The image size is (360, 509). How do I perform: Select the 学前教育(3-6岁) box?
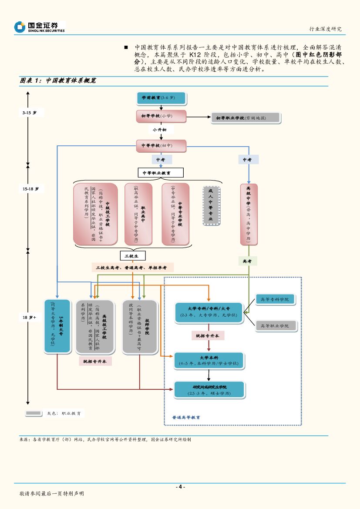[x=161, y=98]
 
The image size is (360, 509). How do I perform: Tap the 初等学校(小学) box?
[x=161, y=116]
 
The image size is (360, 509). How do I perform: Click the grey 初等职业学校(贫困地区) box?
[x=245, y=117]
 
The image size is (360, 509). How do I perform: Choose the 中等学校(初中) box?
[x=161, y=146]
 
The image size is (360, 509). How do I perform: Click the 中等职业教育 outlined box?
[x=160, y=173]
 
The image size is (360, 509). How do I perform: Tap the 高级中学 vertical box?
[x=249, y=214]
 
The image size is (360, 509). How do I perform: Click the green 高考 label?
[x=247, y=261]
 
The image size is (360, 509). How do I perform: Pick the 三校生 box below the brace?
[x=132, y=256]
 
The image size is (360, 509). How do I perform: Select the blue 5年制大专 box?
[x=57, y=326]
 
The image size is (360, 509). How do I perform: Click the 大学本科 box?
[x=209, y=360]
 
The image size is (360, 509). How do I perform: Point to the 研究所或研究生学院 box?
[x=209, y=390]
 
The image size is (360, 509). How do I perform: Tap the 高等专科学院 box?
[x=276, y=299]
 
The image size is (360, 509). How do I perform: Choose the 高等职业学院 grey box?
[x=276, y=325]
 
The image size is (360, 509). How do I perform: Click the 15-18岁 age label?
[x=34, y=189]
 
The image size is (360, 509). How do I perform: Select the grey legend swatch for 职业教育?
[x=33, y=413]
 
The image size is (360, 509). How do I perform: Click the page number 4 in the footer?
[x=180, y=487]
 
